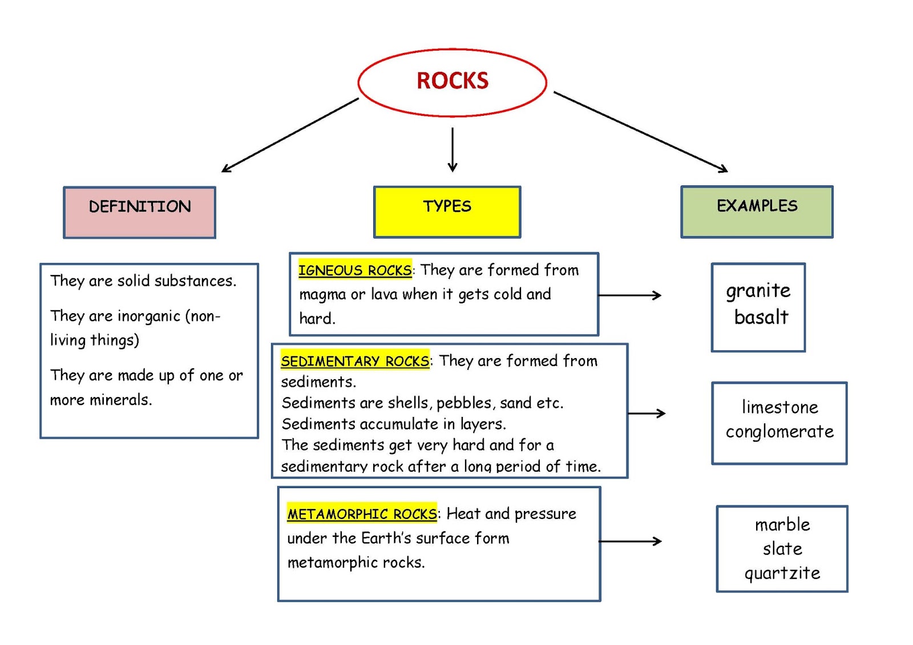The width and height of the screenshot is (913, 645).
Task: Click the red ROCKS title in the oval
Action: point(453,81)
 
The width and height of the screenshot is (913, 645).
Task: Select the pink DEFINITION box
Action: point(140,212)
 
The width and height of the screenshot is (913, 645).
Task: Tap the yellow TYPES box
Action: point(447,212)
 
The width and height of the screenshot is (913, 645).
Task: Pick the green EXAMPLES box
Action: point(757,212)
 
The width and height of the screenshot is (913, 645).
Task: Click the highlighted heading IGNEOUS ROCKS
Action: point(354,270)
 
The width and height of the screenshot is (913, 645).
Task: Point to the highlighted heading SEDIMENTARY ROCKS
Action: point(354,361)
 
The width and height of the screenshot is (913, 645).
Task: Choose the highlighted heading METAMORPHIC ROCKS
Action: point(362,514)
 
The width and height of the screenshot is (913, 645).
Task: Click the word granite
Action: point(758,291)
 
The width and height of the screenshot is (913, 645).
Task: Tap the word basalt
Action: point(761,317)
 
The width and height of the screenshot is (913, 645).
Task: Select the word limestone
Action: point(779,407)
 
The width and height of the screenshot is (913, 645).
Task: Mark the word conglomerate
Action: point(779,432)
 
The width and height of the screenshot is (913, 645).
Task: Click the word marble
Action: point(782,525)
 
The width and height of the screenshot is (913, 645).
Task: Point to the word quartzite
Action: point(782,573)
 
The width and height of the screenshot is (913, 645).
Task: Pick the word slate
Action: point(782,549)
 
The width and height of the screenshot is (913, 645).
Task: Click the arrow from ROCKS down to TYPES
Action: point(453,149)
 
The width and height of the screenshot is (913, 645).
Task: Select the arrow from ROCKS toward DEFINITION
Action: point(290,135)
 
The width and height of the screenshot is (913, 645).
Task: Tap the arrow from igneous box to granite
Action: point(629,295)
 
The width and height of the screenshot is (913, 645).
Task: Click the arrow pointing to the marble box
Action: point(630,541)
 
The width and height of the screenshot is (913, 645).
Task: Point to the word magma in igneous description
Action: point(322,295)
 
